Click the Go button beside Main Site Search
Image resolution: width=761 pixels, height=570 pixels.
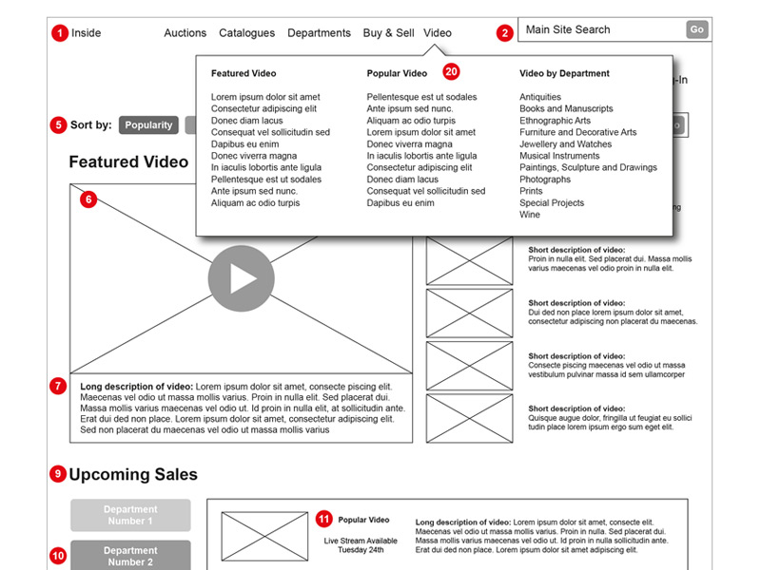point(697,30)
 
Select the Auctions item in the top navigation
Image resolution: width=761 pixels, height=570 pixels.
point(185,33)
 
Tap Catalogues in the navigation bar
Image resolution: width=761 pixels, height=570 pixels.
point(246,33)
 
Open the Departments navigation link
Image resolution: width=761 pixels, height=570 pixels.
point(319,33)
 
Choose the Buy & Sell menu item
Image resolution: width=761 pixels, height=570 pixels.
point(388,33)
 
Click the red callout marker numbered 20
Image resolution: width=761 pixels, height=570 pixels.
point(451,71)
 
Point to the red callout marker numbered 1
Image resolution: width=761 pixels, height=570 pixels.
point(60,33)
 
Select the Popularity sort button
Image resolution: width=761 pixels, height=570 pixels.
point(148,125)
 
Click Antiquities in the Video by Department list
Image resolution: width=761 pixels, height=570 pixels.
point(540,97)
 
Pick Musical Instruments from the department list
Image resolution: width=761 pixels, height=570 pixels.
point(559,156)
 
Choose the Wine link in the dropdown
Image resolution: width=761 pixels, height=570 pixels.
point(529,215)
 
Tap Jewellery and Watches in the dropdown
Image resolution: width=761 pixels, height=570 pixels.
point(565,144)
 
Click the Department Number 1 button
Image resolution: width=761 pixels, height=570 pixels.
point(129,515)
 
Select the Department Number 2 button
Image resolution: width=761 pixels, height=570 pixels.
point(129,555)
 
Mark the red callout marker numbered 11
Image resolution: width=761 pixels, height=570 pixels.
point(324,519)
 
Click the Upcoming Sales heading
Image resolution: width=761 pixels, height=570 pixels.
point(133,474)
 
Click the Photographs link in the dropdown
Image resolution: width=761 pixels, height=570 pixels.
point(545,180)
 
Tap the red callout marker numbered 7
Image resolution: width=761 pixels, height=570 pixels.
point(59,387)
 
